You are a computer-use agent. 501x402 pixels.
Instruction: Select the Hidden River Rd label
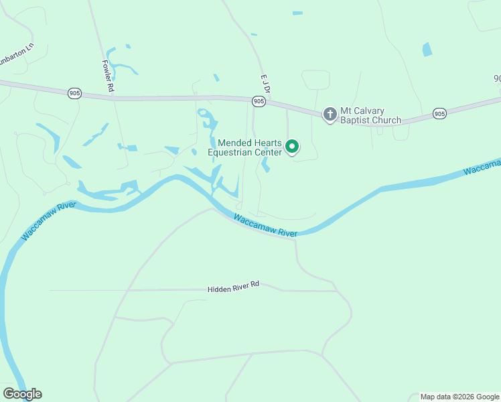pos(233,286)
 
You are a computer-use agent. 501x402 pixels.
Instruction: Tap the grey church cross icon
pos(330,115)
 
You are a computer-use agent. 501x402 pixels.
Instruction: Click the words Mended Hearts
pos(250,143)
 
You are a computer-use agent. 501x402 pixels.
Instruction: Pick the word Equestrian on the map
pos(231,152)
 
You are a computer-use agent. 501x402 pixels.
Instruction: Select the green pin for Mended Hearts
pos(292,145)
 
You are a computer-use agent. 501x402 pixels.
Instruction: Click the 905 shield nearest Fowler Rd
pos(74,93)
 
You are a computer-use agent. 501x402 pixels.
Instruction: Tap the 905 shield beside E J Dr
pos(259,100)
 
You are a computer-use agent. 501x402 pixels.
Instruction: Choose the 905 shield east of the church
pos(439,114)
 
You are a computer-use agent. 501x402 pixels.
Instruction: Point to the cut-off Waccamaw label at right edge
pos(482,167)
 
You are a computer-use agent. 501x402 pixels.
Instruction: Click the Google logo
pos(22,394)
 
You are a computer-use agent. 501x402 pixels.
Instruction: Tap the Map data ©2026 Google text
pos(459,397)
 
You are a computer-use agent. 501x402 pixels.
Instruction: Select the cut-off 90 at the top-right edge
pos(497,78)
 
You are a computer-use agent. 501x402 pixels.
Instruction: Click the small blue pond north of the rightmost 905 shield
pos(427,50)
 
